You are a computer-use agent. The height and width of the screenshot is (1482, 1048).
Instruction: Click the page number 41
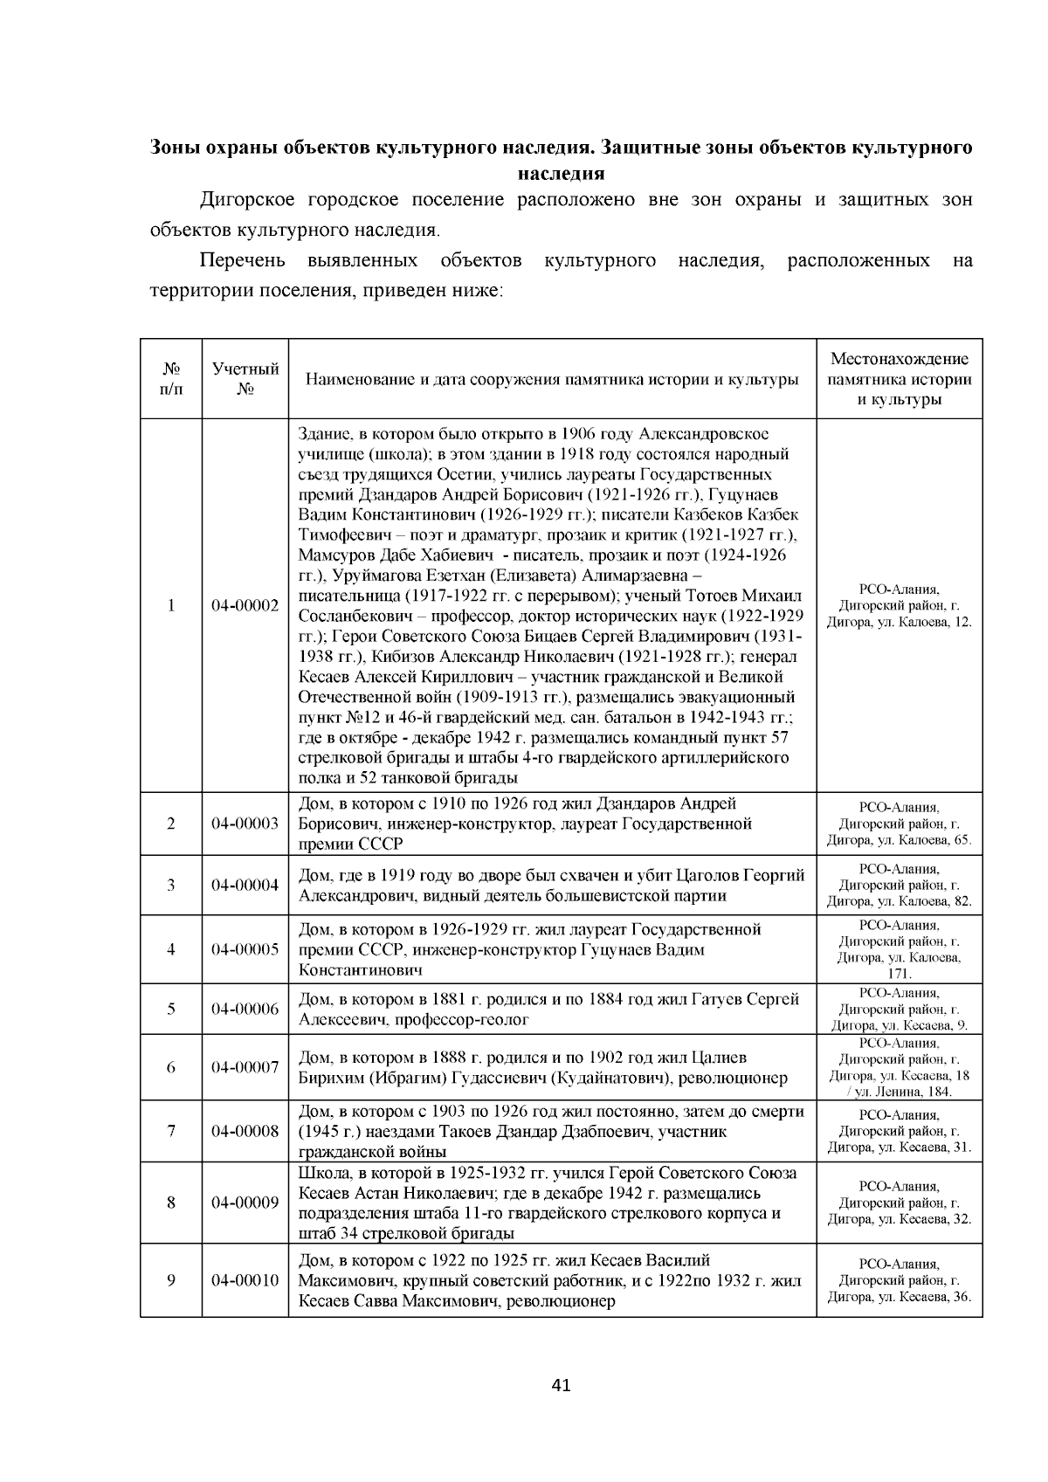[x=562, y=1385]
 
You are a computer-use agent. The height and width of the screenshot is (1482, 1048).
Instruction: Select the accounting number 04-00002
[x=245, y=605]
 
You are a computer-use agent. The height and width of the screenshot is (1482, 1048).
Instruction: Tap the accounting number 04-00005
[x=245, y=949]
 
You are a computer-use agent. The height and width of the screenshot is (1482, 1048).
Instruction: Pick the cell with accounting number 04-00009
[x=245, y=1203]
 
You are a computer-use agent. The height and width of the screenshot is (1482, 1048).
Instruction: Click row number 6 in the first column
[x=171, y=1067]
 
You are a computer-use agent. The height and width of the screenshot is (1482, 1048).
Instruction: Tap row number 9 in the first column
[x=171, y=1280]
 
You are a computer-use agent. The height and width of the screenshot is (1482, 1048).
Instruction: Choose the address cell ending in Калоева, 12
[x=899, y=605]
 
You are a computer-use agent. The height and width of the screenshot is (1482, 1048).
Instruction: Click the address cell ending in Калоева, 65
[x=899, y=824]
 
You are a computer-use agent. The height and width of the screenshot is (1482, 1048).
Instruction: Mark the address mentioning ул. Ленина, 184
[x=899, y=1067]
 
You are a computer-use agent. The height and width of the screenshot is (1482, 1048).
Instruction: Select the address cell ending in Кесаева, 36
[x=899, y=1280]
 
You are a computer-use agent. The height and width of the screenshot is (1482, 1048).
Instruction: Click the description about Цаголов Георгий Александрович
[x=551, y=885]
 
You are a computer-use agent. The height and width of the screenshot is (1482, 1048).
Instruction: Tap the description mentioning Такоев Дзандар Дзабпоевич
[x=551, y=1131]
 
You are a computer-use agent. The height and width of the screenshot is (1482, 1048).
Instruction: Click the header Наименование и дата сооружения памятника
[x=551, y=379]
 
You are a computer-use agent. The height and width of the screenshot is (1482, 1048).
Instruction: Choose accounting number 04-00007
[x=245, y=1067]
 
